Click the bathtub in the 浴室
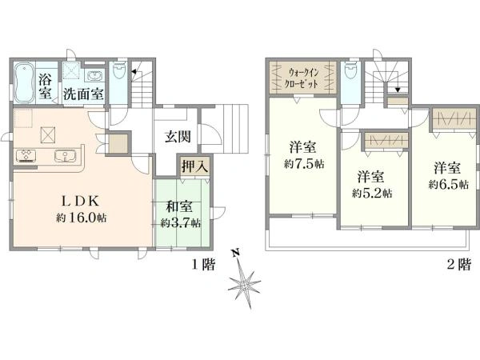[24, 82]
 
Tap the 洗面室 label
[83, 94]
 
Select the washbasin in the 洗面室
[94, 75]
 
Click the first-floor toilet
[119, 70]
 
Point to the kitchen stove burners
[26, 155]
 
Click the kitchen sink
[66, 156]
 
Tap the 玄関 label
[178, 137]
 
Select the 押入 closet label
[194, 167]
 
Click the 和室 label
[179, 206]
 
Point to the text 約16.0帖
[82, 218]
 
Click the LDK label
[81, 201]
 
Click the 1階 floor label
[203, 265]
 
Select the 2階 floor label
[458, 265]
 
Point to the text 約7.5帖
[304, 164]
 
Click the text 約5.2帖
[372, 193]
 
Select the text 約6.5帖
[449, 185]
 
